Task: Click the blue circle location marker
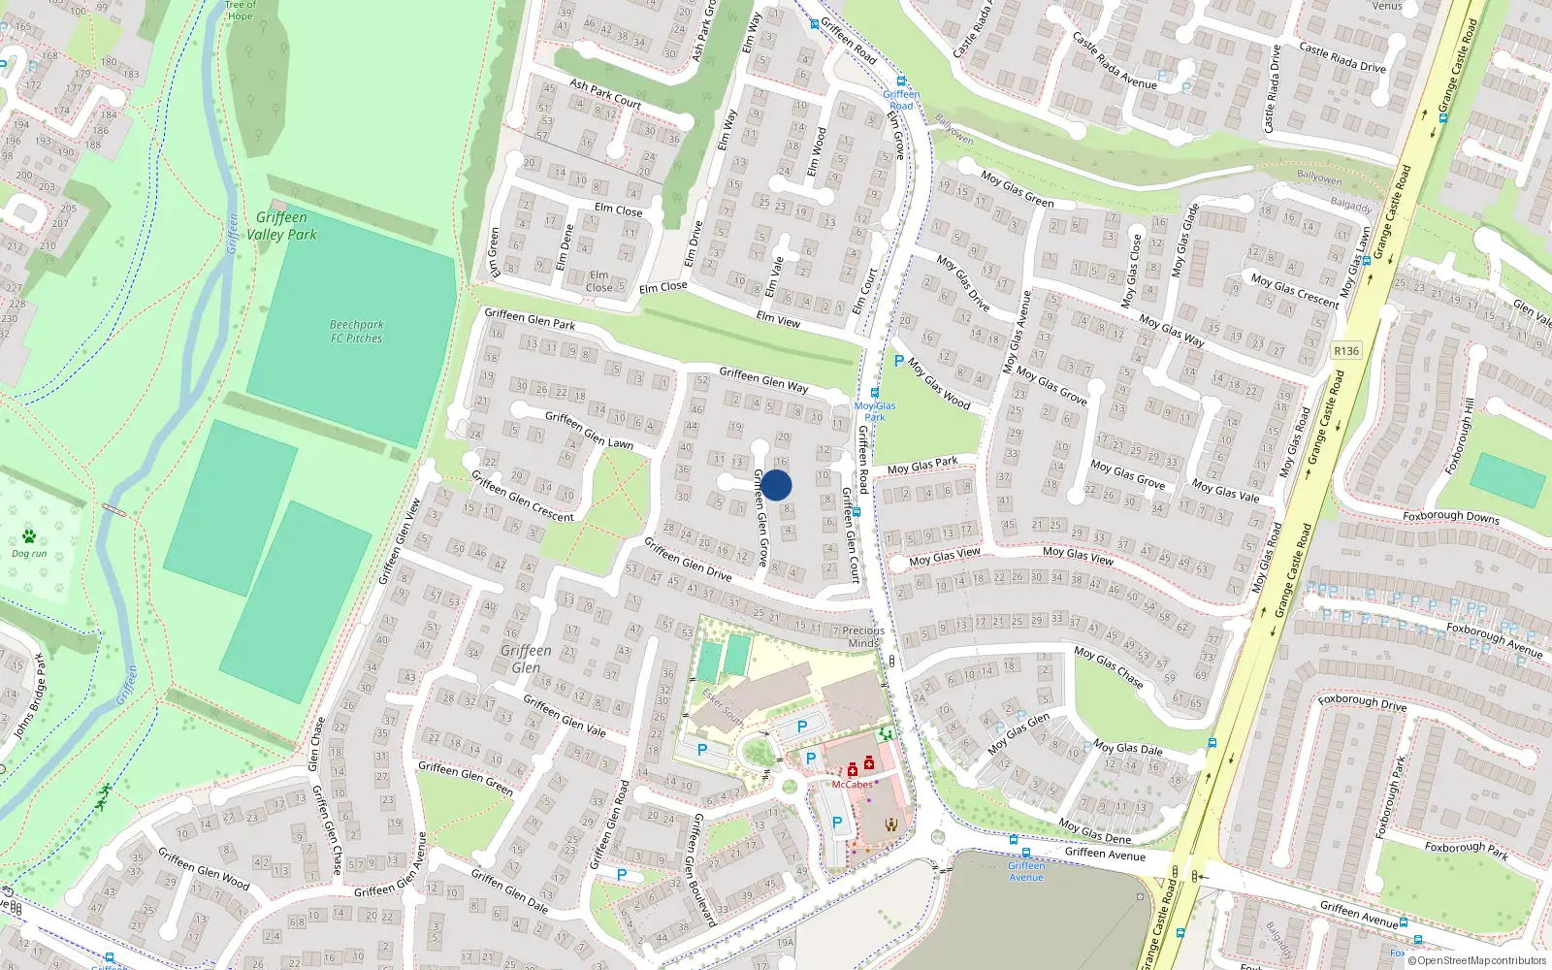click(x=776, y=485)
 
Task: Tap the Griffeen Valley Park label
click(x=281, y=226)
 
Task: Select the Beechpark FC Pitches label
click(x=356, y=332)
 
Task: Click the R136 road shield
click(x=1346, y=351)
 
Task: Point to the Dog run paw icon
click(x=29, y=536)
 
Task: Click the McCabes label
click(x=852, y=784)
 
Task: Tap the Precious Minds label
click(x=863, y=636)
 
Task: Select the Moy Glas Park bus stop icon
click(x=874, y=393)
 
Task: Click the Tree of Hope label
click(x=240, y=11)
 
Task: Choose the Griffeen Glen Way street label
click(x=763, y=379)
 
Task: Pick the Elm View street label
click(x=778, y=318)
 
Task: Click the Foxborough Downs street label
click(x=1450, y=516)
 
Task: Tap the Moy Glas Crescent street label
click(x=1294, y=291)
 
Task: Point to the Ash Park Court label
click(x=605, y=94)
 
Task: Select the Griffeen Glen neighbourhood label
click(x=526, y=659)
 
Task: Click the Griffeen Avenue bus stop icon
click(x=1013, y=840)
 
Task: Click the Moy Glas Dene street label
click(x=1094, y=831)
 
